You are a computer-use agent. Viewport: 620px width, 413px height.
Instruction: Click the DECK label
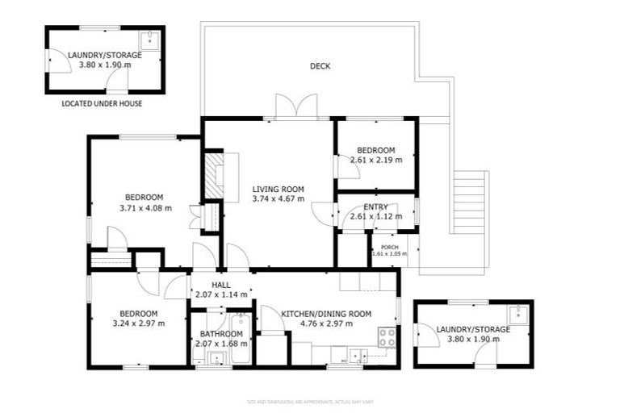click(x=320, y=66)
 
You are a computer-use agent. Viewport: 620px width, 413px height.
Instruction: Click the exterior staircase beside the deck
click(x=470, y=202)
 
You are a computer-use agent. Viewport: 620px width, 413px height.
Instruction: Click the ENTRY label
click(x=375, y=206)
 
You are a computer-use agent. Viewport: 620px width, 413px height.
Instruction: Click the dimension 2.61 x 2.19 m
click(x=376, y=160)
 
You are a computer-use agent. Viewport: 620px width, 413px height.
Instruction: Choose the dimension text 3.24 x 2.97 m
click(x=139, y=323)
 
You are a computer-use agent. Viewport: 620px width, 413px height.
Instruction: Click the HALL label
click(x=221, y=285)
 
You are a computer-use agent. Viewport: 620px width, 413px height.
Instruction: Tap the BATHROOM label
click(x=221, y=334)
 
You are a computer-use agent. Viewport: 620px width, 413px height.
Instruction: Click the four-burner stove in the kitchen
click(x=387, y=337)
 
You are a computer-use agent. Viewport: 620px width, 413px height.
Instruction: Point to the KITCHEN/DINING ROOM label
click(x=325, y=314)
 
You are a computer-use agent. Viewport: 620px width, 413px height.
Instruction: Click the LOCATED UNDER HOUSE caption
click(x=103, y=103)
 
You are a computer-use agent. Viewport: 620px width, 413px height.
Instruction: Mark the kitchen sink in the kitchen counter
click(x=358, y=353)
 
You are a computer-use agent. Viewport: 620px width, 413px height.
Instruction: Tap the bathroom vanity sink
click(x=215, y=357)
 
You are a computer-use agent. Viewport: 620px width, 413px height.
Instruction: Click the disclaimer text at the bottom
click(x=309, y=401)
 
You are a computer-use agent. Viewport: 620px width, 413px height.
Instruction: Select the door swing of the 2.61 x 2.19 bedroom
click(x=342, y=167)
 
